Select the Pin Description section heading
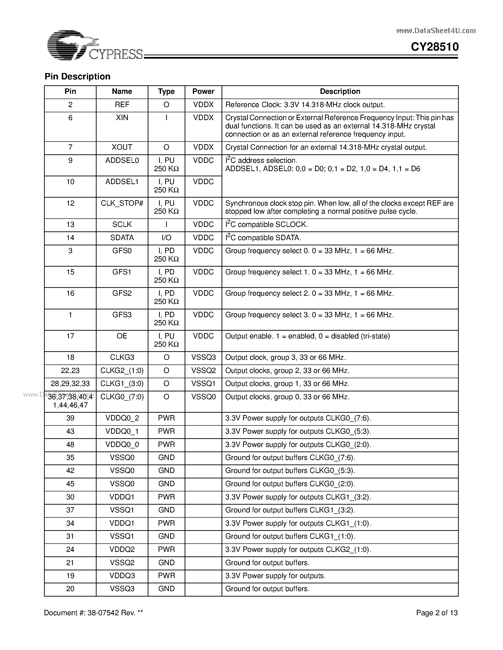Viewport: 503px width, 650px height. (x=77, y=77)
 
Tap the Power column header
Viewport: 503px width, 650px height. (x=203, y=91)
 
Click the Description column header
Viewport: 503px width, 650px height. (x=340, y=91)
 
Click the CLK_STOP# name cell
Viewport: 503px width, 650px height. (x=122, y=203)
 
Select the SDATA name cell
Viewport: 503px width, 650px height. (x=122, y=238)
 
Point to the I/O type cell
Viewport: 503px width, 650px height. (x=166, y=238)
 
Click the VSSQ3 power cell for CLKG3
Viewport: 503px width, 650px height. (x=203, y=357)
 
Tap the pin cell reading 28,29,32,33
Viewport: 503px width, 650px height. (x=70, y=384)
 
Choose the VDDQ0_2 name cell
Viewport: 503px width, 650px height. (x=122, y=418)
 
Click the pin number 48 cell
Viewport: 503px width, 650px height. (x=70, y=444)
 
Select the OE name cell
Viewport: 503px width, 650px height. (x=122, y=336)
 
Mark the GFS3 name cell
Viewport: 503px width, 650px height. (x=122, y=315)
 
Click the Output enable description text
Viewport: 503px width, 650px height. (x=307, y=336)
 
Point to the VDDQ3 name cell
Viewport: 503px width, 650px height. (x=122, y=576)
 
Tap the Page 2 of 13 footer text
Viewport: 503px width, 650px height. (x=436, y=613)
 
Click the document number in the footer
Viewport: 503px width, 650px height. (x=93, y=613)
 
